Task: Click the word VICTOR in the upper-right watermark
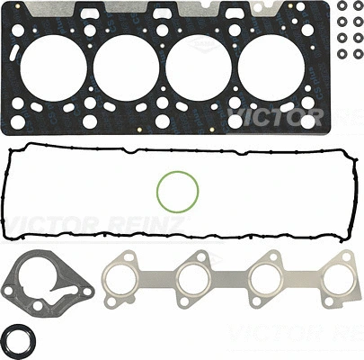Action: coord(270,117)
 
